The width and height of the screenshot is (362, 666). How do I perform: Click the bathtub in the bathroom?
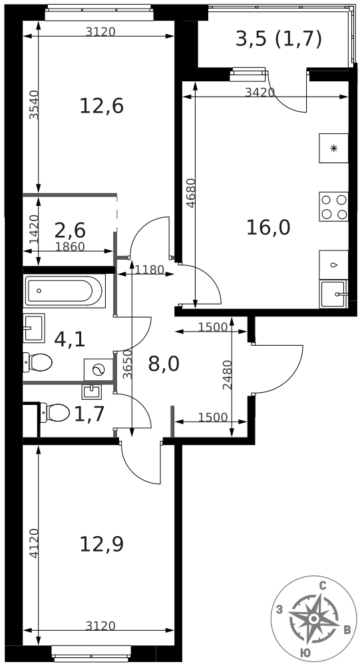65,291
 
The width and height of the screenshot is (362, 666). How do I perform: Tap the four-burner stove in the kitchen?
333,206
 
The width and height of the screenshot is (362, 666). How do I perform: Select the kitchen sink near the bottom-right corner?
333,294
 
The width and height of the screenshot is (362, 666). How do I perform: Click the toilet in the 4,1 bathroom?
37,362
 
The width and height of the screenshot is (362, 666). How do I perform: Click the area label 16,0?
268,228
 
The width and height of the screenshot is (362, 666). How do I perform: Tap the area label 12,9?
101,544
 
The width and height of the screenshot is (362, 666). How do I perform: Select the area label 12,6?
101,106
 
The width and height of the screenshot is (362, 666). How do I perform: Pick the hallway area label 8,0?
164,364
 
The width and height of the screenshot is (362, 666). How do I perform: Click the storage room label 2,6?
70,230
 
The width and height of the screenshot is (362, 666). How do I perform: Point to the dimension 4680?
192,193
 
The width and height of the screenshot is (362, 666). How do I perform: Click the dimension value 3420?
260,92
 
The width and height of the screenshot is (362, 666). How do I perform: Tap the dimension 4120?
34,543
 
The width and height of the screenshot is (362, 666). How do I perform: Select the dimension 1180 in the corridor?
149,269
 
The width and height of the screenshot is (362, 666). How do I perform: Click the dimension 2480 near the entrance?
228,375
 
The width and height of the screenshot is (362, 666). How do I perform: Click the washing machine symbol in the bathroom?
98,370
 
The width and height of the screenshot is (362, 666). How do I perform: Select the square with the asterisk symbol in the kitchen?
333,148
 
